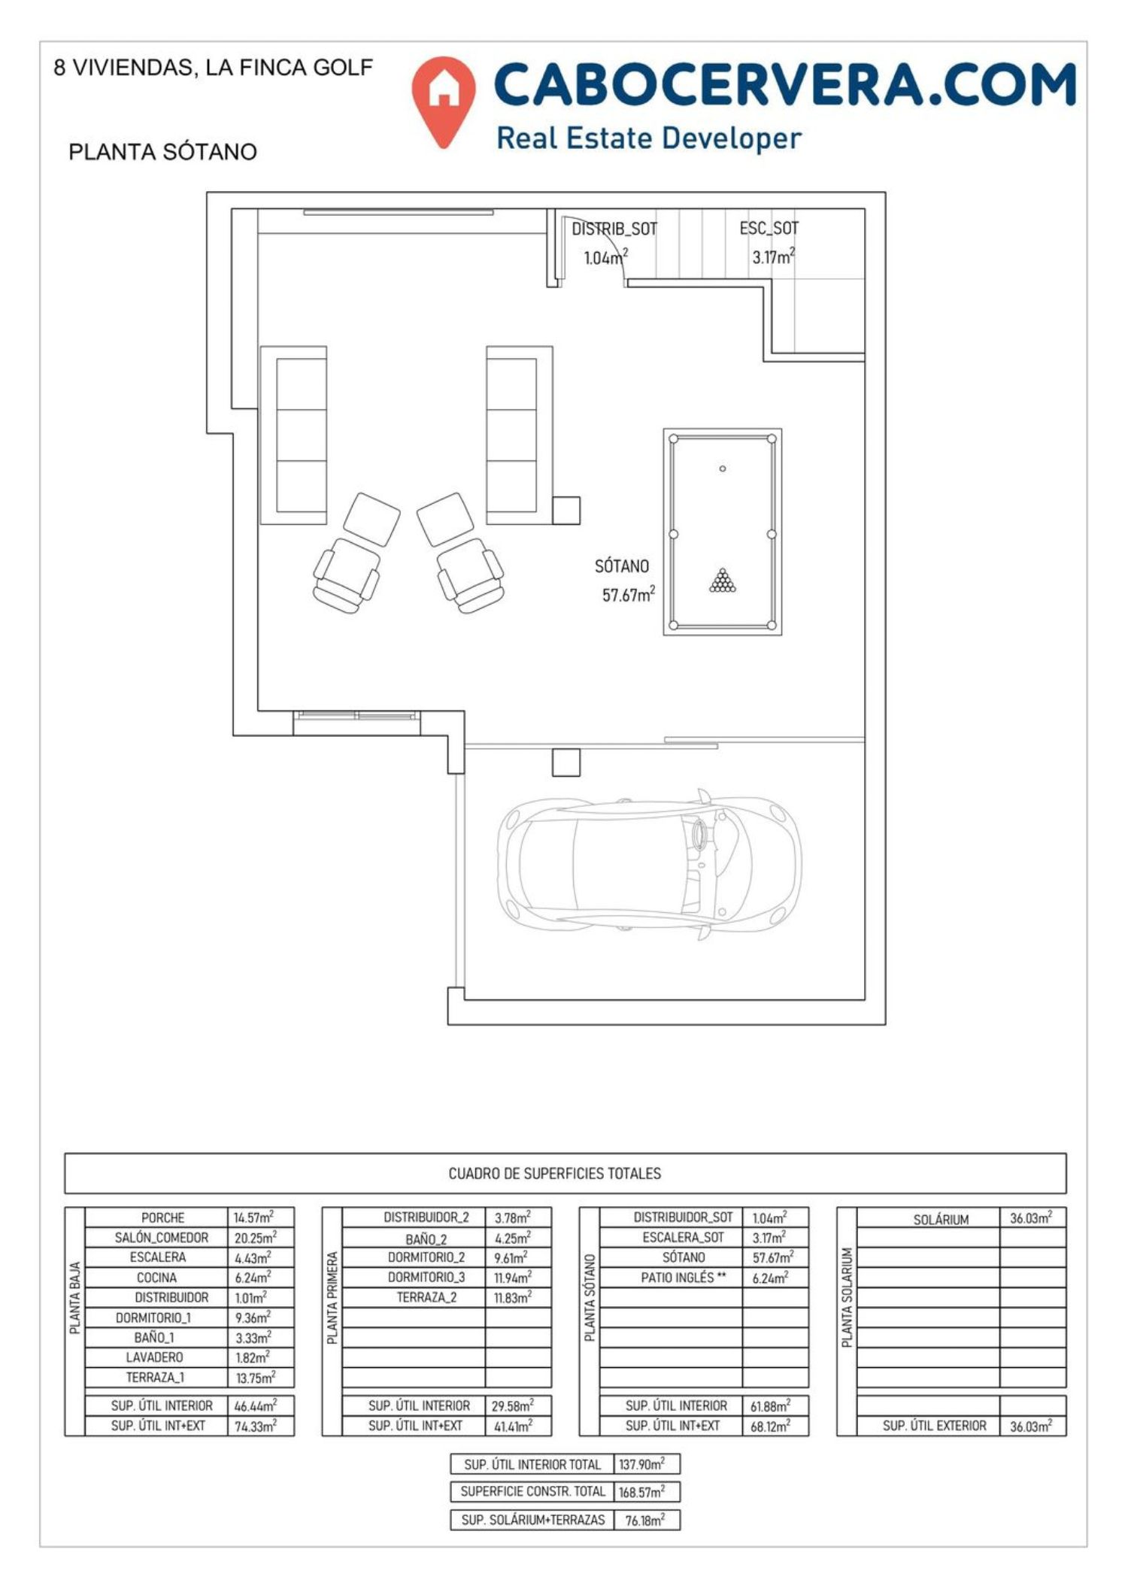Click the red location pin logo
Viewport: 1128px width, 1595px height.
[x=444, y=100]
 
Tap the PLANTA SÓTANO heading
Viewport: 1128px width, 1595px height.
[x=162, y=152]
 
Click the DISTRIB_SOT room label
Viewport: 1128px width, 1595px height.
[x=614, y=229]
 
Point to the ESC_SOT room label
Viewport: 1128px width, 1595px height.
[x=769, y=228]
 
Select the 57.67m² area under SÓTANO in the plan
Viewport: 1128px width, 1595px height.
[x=628, y=595]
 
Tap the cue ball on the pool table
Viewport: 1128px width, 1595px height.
[x=723, y=468]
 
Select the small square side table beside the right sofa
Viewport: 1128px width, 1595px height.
[x=566, y=510]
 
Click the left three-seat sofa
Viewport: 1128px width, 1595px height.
[x=294, y=435]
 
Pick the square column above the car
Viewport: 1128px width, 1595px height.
[x=566, y=762]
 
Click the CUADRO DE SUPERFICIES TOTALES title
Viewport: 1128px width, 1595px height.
[x=555, y=1173]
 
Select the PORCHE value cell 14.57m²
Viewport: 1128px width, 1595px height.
[x=254, y=1217]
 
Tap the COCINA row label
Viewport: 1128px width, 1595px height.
[x=156, y=1277]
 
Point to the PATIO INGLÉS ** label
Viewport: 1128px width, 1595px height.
[x=684, y=1277]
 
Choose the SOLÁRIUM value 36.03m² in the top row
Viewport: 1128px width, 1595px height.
[x=1030, y=1217]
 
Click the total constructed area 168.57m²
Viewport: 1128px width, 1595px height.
[x=641, y=1491]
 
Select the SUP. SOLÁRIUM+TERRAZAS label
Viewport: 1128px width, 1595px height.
[x=533, y=1520]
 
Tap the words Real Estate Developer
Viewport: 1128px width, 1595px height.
[x=649, y=138]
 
